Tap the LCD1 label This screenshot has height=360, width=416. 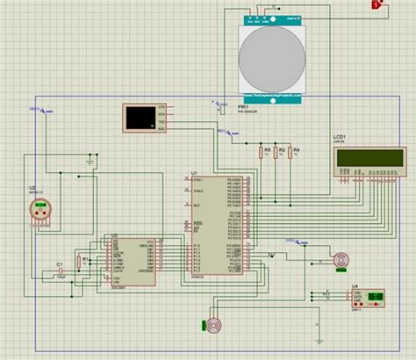339,138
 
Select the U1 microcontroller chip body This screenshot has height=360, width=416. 219,224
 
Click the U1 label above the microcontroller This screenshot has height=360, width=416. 195,173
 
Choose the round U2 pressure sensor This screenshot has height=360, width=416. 39,211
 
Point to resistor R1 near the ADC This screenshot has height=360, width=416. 83,261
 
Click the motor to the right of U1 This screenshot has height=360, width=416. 341,259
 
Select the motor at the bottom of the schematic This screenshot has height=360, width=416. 213,326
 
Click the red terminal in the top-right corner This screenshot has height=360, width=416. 377,6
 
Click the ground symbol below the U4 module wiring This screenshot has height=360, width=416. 318,328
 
